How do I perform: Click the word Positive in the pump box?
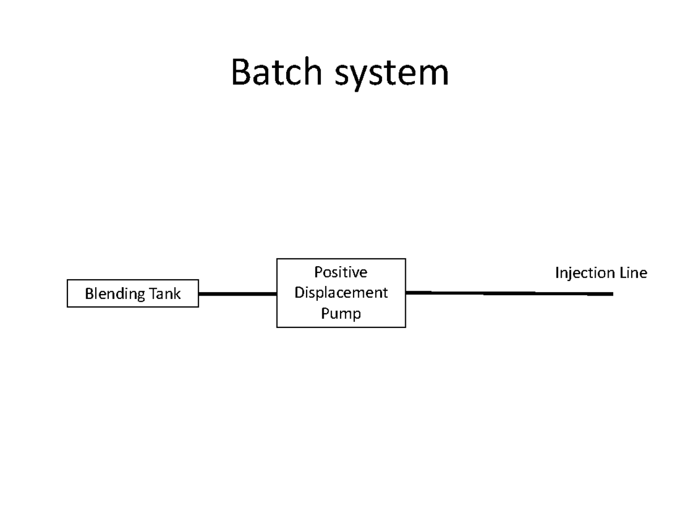coord(341,272)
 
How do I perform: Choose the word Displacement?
coord(341,293)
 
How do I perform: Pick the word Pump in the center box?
coord(341,313)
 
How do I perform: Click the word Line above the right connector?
coord(632,273)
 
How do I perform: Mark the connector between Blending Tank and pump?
coord(237,294)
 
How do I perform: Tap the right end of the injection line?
coord(612,294)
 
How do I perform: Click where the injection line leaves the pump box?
coord(407,292)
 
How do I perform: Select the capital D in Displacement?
coord(299,293)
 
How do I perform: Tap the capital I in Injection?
coord(557,273)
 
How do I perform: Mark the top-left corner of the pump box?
coord(277,259)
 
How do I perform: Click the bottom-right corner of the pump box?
coord(405,327)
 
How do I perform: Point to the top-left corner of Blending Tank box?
coord(67,280)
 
